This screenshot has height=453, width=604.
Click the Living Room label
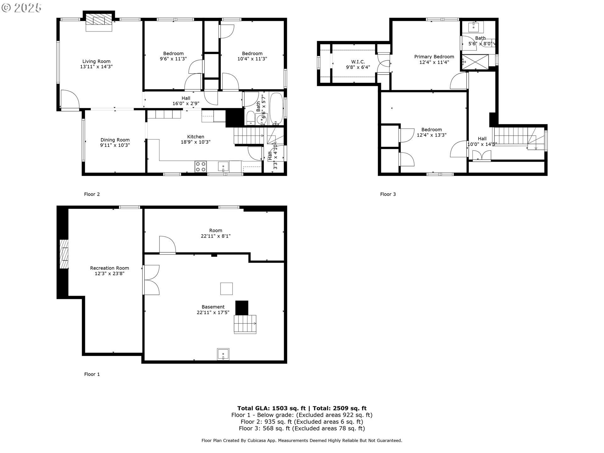[96, 61]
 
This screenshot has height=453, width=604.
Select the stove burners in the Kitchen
[200, 166]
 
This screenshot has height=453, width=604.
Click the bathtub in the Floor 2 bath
[276, 109]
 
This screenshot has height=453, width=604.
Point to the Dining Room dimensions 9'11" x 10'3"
[115, 145]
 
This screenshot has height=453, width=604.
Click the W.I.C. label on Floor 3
[358, 62]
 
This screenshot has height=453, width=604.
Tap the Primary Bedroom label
[434, 57]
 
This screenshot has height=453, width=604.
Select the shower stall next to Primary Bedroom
[475, 62]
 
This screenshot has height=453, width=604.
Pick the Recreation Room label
[109, 268]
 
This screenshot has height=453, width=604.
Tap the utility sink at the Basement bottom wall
[223, 354]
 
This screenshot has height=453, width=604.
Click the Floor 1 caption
[92, 374]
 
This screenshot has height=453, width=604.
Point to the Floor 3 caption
[388, 194]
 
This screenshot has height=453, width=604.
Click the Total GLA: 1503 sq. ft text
[271, 408]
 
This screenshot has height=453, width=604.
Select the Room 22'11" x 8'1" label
[215, 233]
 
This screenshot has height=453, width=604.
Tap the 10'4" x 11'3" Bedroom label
[252, 56]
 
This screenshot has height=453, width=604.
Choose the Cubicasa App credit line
[302, 440]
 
